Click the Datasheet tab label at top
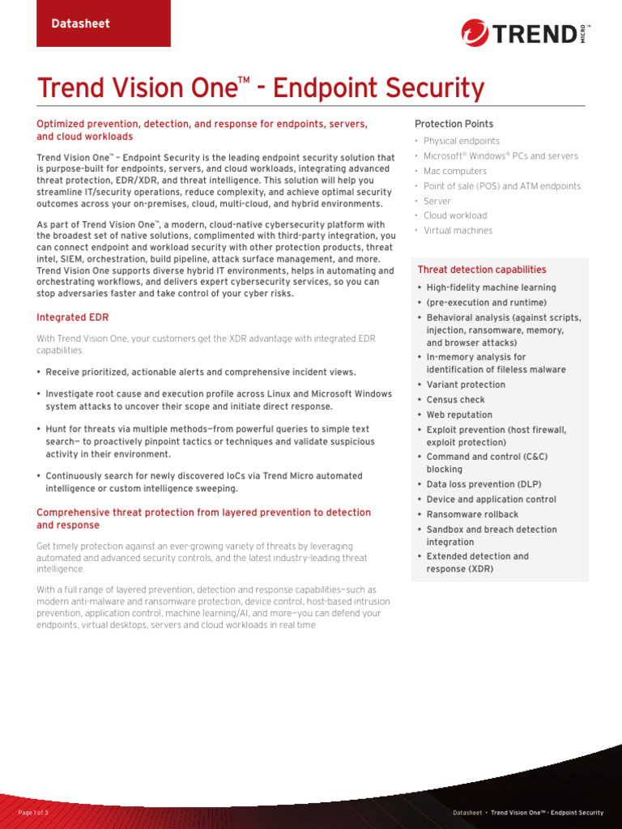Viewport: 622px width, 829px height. coord(80,23)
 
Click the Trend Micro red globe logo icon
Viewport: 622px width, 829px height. coord(475,33)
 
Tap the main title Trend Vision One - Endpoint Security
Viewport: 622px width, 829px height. coord(261,87)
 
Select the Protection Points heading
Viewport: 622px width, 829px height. coord(454,124)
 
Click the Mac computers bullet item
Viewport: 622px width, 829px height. coord(455,171)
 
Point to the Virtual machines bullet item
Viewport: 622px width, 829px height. coord(458,231)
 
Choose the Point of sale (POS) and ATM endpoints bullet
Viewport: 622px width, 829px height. coord(502,186)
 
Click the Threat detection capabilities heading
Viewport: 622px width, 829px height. coord(482,270)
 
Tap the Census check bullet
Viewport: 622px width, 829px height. coord(456,400)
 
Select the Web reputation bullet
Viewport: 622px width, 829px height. coord(460,414)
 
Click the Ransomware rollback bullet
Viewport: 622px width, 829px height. coord(472,514)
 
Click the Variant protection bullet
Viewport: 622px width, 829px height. coord(466,385)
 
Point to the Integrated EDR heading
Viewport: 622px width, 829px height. coord(73,317)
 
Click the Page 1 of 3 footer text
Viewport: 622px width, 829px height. coord(33,812)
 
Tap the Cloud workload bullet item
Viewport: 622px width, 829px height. coord(455,215)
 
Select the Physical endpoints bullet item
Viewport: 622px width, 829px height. coord(462,141)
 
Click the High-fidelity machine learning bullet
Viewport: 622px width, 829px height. coord(491,287)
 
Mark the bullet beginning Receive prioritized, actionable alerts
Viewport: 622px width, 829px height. coord(200,372)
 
